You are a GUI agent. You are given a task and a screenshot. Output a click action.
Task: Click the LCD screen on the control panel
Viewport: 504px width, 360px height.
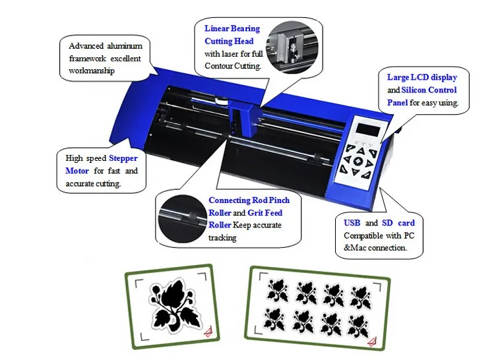pyautogui.click(x=368, y=129)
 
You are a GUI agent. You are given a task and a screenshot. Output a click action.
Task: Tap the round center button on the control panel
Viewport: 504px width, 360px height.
pyautogui.click(x=358, y=162)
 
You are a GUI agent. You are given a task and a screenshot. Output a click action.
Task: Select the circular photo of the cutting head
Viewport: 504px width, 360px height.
pyautogui.click(x=292, y=47)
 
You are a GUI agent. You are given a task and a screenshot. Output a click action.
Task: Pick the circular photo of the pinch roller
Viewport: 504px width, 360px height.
pyautogui.click(x=182, y=219)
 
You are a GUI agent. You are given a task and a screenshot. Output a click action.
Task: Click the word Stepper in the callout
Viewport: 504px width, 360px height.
pyautogui.click(x=123, y=158)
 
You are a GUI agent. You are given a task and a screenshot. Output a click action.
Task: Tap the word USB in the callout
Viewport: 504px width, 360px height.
pyautogui.click(x=352, y=223)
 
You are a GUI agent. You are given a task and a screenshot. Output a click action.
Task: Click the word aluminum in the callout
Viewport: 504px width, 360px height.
pyautogui.click(x=125, y=46)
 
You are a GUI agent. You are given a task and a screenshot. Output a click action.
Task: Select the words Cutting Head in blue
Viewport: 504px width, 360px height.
pyautogui.click(x=229, y=42)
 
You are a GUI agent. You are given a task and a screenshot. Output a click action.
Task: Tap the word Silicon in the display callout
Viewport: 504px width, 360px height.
pyautogui.click(x=414, y=90)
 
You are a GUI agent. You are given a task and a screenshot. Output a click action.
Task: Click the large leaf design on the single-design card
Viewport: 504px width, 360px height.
pyautogui.click(x=173, y=305)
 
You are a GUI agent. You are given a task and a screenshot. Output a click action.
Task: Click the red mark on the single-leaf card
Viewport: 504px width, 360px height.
pyautogui.click(x=208, y=332)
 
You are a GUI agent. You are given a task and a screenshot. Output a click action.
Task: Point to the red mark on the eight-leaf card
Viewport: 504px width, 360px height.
pyautogui.click(x=371, y=342)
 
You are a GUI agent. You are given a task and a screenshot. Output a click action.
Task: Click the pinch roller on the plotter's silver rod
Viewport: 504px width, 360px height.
pyautogui.click(x=317, y=158)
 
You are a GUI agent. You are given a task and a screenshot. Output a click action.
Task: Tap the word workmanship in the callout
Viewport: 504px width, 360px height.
pyautogui.click(x=92, y=71)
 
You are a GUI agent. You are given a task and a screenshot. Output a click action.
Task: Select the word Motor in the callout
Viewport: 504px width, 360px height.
pyautogui.click(x=77, y=171)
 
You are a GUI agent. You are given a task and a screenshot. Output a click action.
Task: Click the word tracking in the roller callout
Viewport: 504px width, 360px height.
pyautogui.click(x=222, y=238)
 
